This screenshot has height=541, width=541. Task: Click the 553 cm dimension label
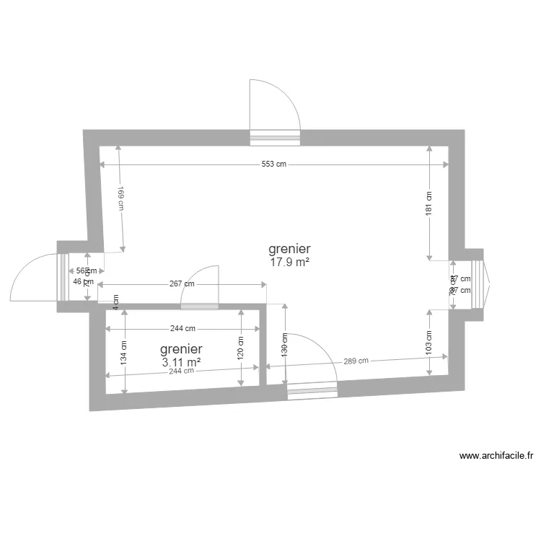pos(273,164)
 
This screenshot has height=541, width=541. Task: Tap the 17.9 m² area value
pos(289,263)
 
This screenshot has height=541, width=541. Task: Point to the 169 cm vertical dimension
pos(121,200)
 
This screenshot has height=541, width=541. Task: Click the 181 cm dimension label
pos(428,202)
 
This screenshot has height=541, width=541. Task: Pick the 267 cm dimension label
pos(182,283)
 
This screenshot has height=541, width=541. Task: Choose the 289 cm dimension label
pos(356,361)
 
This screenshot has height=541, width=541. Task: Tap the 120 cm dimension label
pos(240,348)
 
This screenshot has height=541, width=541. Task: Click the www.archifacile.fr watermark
pos(496,456)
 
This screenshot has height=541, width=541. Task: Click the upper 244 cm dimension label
pos(182,328)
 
